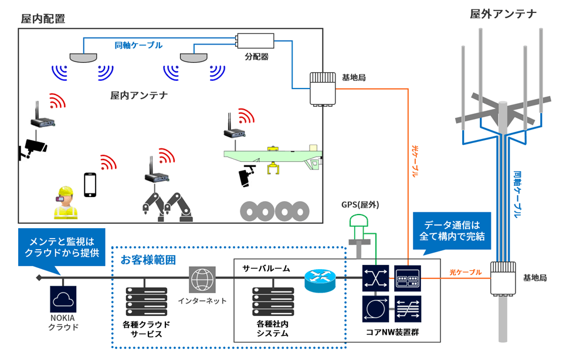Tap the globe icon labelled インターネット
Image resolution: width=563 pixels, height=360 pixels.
(x=203, y=280)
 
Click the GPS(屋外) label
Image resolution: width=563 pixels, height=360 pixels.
(x=360, y=205)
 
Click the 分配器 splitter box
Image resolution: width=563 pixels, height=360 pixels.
(x=255, y=41)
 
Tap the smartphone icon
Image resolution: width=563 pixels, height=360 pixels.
(x=90, y=184)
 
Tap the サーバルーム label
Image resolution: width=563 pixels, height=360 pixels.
(x=266, y=268)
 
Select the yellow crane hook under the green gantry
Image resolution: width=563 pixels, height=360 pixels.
(x=273, y=169)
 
